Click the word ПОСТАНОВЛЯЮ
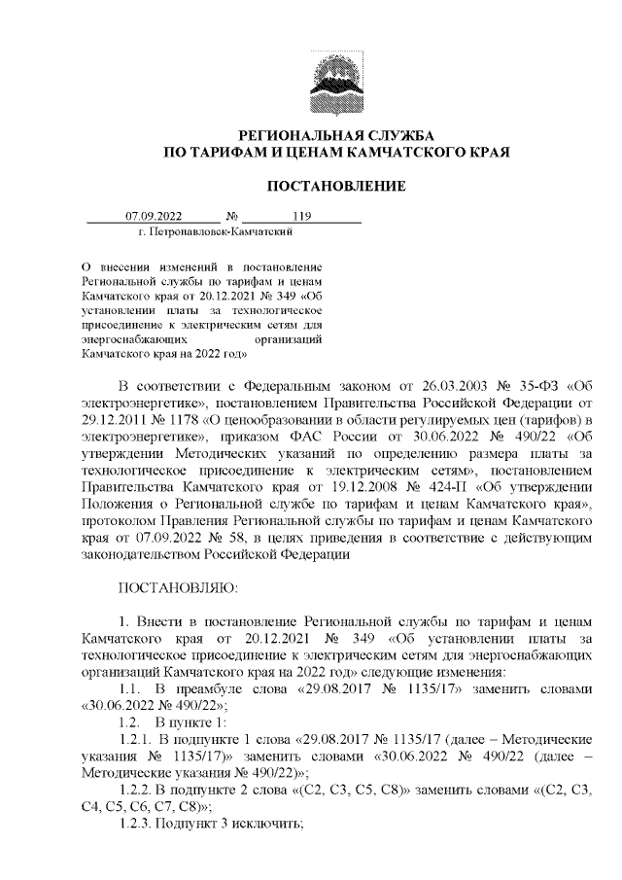tap(171, 589)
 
